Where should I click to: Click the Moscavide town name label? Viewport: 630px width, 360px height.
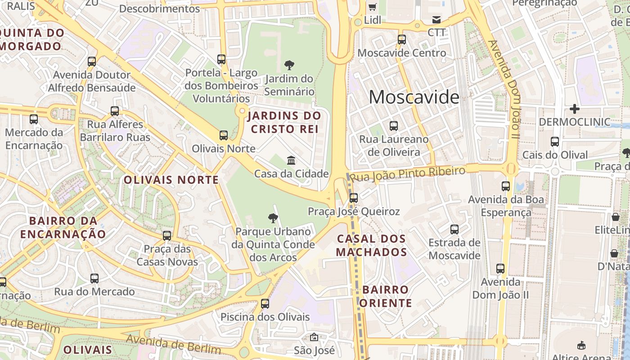click(414, 97)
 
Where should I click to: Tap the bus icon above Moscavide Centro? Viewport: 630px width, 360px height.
click(402, 40)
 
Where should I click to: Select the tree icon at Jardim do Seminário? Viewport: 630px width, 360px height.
click(289, 65)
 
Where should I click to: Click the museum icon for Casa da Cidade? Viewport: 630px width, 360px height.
click(291, 160)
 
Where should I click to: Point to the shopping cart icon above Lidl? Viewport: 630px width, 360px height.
click(373, 7)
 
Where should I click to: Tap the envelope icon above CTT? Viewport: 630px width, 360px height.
click(436, 20)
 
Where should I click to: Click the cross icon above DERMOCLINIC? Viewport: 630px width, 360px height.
click(574, 109)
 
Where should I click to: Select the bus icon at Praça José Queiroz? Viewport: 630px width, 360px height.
click(354, 198)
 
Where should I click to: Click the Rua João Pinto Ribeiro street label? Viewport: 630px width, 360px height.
click(407, 174)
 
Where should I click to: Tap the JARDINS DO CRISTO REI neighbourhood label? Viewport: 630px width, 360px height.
click(284, 122)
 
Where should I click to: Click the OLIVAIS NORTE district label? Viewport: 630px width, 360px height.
click(171, 180)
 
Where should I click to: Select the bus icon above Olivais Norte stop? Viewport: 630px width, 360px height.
click(224, 135)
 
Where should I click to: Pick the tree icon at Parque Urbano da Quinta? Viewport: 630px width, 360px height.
click(273, 219)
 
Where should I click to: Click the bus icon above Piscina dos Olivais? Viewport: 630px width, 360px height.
click(265, 304)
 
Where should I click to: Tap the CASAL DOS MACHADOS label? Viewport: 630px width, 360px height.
click(371, 245)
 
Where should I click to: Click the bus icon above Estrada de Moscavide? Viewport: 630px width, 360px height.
click(454, 229)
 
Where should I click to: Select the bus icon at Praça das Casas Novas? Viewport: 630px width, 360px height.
click(167, 235)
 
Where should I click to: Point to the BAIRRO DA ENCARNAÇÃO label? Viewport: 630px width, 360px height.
click(63, 227)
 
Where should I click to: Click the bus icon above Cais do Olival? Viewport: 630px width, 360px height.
click(555, 142)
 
